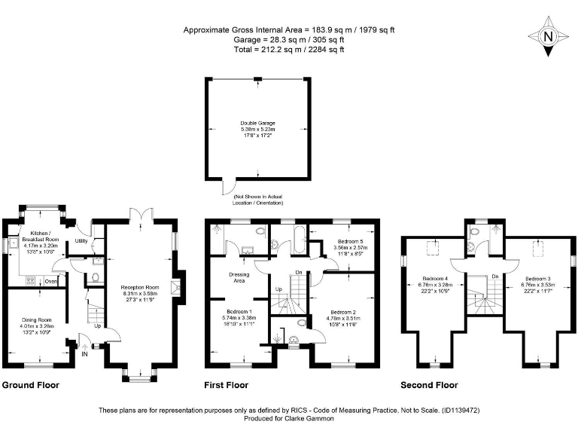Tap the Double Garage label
pyautogui.click(x=258, y=122)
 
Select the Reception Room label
pyautogui.click(x=141, y=287)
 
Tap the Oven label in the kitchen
pyautogui.click(x=51, y=281)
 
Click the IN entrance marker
pyautogui.click(x=84, y=353)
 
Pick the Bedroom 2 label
pyautogui.click(x=342, y=312)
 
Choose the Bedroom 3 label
pyautogui.click(x=539, y=278)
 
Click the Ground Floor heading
pyautogui.click(x=31, y=385)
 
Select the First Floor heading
pyautogui.click(x=227, y=385)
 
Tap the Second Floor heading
pyautogui.click(x=430, y=385)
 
